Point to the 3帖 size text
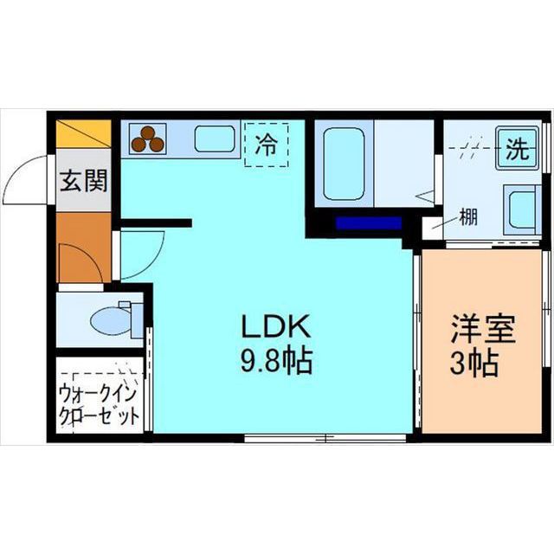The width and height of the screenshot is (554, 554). point(473,363)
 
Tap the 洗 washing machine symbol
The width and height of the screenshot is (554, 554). point(517,149)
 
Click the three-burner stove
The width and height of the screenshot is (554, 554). point(148,138)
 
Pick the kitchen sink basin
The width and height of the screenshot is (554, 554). point(215,138)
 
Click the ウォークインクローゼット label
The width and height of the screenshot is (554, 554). point(99,404)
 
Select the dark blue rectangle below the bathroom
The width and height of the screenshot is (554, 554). point(368,223)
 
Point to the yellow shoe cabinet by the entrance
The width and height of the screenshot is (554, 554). point(84,134)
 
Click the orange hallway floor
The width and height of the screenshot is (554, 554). point(82,247)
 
